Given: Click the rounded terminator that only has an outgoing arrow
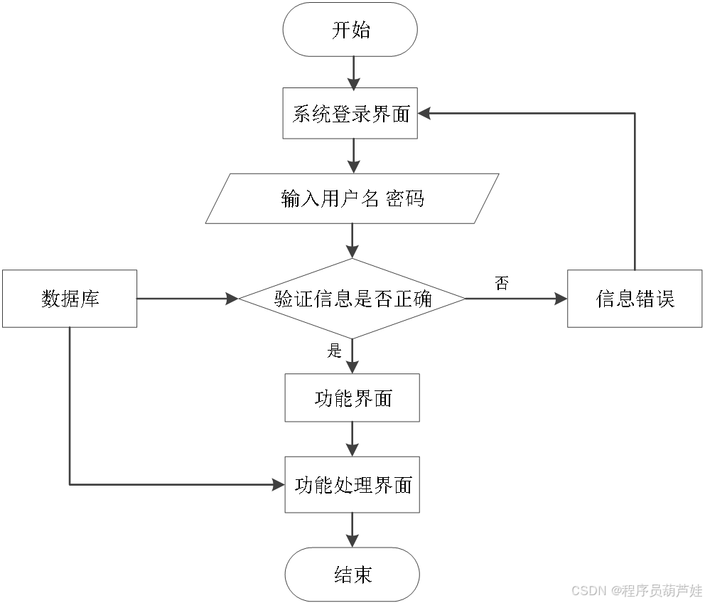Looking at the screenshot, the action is [350, 29].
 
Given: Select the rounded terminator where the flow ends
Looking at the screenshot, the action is [352, 574].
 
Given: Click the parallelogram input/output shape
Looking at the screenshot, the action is [352, 198].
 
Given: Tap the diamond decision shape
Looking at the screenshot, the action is [352, 299].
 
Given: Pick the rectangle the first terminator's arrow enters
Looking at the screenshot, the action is [350, 113].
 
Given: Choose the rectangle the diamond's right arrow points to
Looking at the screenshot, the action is [635, 299].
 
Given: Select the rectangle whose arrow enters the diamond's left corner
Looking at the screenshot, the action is [70, 299].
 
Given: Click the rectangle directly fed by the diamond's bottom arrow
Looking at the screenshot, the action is [352, 397].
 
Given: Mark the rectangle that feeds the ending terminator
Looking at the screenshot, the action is [352, 484].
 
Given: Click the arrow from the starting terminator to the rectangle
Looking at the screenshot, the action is [353, 73].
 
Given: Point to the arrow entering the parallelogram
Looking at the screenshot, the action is [353, 156].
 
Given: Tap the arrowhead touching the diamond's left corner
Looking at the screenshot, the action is [232, 299].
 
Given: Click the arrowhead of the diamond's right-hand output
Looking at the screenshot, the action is [561, 299].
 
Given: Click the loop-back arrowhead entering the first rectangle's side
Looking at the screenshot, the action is [424, 113].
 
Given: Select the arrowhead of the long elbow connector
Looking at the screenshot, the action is [278, 485].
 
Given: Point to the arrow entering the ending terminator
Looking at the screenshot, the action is [352, 530].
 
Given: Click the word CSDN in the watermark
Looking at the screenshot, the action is [588, 590].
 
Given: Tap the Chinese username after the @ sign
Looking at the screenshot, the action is [661, 590].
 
